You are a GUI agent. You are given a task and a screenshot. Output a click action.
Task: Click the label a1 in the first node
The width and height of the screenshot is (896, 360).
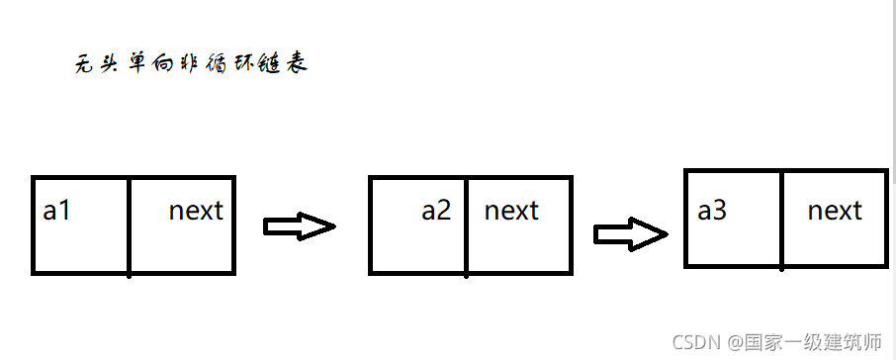[x=57, y=211]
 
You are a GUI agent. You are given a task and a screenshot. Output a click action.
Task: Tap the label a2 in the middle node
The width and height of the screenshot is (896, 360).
[x=436, y=211]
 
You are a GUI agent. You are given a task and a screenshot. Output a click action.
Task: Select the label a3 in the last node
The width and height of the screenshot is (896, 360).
[x=713, y=211]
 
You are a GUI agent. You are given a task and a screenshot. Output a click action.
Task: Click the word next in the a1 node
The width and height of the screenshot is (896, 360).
[x=196, y=211]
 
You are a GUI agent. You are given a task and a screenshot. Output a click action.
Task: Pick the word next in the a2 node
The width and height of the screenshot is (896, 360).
[x=511, y=211]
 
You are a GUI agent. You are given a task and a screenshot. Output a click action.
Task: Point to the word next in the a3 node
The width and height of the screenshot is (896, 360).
[x=835, y=211]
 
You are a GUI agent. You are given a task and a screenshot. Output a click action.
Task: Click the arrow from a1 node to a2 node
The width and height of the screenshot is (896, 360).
[x=299, y=226]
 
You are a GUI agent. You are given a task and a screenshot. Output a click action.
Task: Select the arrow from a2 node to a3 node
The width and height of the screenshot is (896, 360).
[x=630, y=234]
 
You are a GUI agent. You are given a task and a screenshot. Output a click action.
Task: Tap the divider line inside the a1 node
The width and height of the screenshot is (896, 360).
[x=130, y=225]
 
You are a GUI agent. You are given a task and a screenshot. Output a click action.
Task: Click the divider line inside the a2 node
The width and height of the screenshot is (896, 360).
[x=466, y=225]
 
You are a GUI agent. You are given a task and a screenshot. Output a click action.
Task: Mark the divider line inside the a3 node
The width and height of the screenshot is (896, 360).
[x=781, y=220]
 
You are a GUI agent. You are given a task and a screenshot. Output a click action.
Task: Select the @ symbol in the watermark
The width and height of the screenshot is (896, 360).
[x=737, y=342]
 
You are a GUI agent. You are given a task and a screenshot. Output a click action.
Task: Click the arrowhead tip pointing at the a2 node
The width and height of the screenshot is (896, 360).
[x=334, y=226]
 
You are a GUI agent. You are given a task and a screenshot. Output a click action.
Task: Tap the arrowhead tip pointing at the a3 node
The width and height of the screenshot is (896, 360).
[x=666, y=234]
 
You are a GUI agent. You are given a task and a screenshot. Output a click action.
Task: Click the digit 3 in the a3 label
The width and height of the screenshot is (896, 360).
[x=721, y=211]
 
